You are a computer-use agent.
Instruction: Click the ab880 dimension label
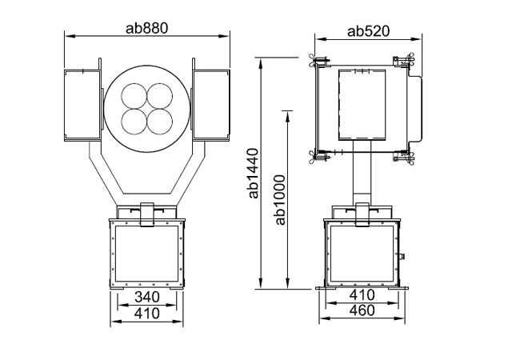click(x=147, y=28)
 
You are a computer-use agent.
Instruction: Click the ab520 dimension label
click(x=369, y=31)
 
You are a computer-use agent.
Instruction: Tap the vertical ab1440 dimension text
click(x=254, y=174)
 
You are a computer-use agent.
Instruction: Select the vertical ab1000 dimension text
click(x=280, y=200)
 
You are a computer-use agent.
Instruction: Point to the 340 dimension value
click(x=147, y=297)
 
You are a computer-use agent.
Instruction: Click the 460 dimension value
click(x=362, y=310)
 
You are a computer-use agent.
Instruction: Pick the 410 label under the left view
click(x=147, y=314)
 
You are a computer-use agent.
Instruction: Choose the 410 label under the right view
click(x=362, y=294)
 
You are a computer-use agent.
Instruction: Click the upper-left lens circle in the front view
click(x=134, y=96)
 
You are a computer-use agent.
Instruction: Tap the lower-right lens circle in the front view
click(x=159, y=122)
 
